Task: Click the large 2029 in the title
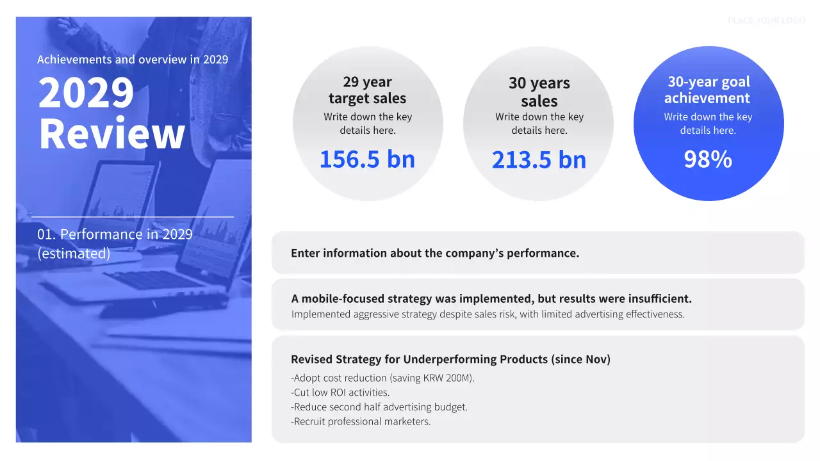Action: (86, 93)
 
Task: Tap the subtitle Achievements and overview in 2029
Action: (133, 60)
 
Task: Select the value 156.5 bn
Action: (367, 159)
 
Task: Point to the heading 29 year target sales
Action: (367, 90)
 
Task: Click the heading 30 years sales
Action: (539, 92)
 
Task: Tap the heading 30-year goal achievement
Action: (708, 90)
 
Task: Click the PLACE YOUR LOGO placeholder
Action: (766, 20)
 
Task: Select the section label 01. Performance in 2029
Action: (115, 234)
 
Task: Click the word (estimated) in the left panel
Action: (74, 254)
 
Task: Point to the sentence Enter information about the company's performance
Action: (435, 253)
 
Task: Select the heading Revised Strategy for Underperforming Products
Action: (450, 359)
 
